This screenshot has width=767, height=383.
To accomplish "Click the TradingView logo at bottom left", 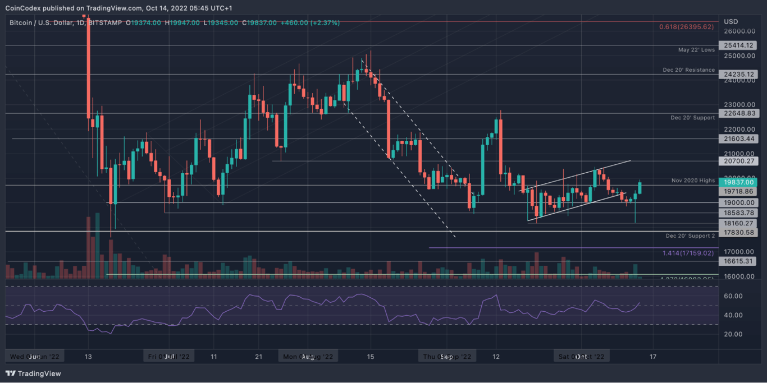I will [x=33, y=373].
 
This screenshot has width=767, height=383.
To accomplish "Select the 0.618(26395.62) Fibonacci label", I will [x=687, y=26].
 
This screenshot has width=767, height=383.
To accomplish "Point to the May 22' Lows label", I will [x=697, y=50].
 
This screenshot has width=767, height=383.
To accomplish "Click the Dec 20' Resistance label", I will [x=688, y=70].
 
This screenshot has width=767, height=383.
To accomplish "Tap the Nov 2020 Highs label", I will [x=693, y=181].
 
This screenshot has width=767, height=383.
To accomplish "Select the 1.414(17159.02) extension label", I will [x=688, y=253].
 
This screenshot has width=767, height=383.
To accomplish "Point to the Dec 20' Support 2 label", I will [x=690, y=236].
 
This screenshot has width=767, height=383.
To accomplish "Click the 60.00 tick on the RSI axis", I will [x=733, y=296].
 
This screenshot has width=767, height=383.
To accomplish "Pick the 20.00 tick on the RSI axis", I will [x=733, y=334].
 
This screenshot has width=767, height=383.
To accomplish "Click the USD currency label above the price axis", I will [x=731, y=21].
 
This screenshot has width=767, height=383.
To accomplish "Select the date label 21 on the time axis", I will [x=258, y=357].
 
